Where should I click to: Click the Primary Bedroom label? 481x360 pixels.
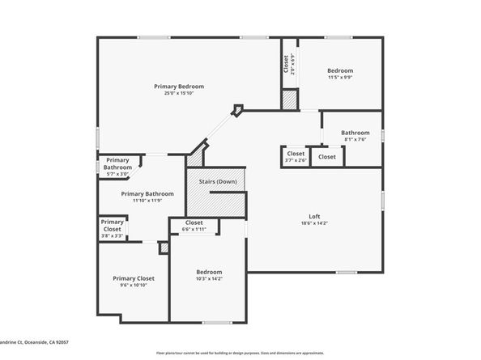pos(179,86)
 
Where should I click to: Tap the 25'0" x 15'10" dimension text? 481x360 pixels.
pos(179,93)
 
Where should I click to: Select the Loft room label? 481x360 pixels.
pos(314,215)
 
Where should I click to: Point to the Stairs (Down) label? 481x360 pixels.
pos(215,181)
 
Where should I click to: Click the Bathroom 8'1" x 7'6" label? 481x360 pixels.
pos(355,133)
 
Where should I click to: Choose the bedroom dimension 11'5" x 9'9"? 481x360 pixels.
pos(340,78)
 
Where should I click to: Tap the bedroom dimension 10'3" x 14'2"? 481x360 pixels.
pos(209,279)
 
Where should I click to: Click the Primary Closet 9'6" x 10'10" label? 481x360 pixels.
pos(134,278)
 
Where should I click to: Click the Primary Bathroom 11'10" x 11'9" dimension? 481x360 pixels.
pos(147,201)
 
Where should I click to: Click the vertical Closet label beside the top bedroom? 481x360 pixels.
pos(286,64)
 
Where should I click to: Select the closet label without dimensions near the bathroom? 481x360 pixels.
pos(327,156)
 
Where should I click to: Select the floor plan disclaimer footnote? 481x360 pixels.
pos(240,353)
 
